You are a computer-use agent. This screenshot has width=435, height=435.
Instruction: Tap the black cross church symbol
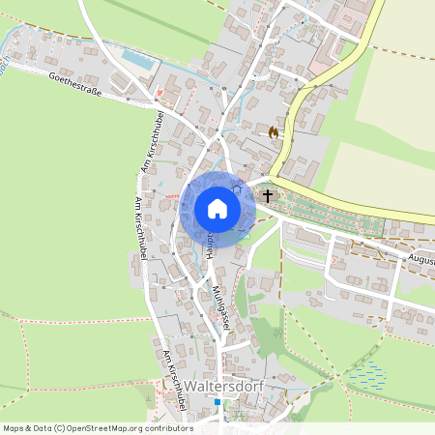coord(267,196)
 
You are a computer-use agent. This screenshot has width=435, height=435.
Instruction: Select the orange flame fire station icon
coord(274,132)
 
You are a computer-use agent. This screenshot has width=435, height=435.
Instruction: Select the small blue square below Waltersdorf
coord(218,402)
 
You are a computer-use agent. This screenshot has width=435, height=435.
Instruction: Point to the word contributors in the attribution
coord(169,428)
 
